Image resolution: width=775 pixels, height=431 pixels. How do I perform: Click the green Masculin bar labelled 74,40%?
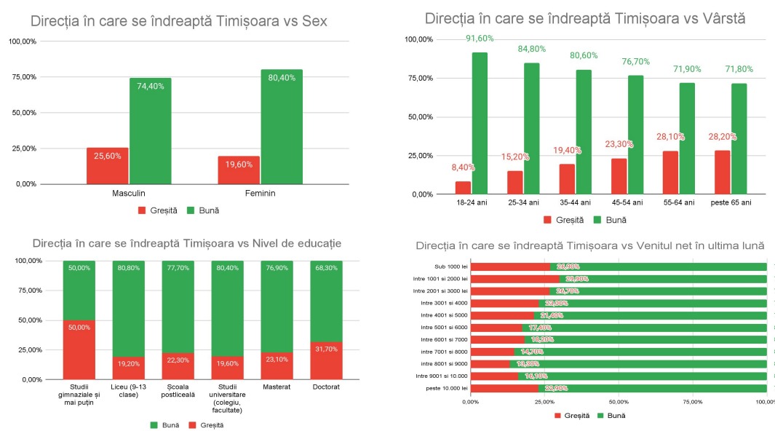tap(151, 131)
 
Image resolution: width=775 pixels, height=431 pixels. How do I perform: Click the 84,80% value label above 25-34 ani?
tap(533, 50)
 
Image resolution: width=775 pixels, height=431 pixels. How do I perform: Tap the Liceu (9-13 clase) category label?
tap(128, 390)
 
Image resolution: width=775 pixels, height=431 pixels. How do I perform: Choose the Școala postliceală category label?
tap(178, 390)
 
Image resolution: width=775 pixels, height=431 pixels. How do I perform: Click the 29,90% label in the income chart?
tap(572, 279)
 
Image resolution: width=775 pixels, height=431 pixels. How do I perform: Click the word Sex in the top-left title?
tap(314, 22)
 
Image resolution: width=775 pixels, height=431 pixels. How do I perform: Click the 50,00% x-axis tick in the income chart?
tap(619, 402)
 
